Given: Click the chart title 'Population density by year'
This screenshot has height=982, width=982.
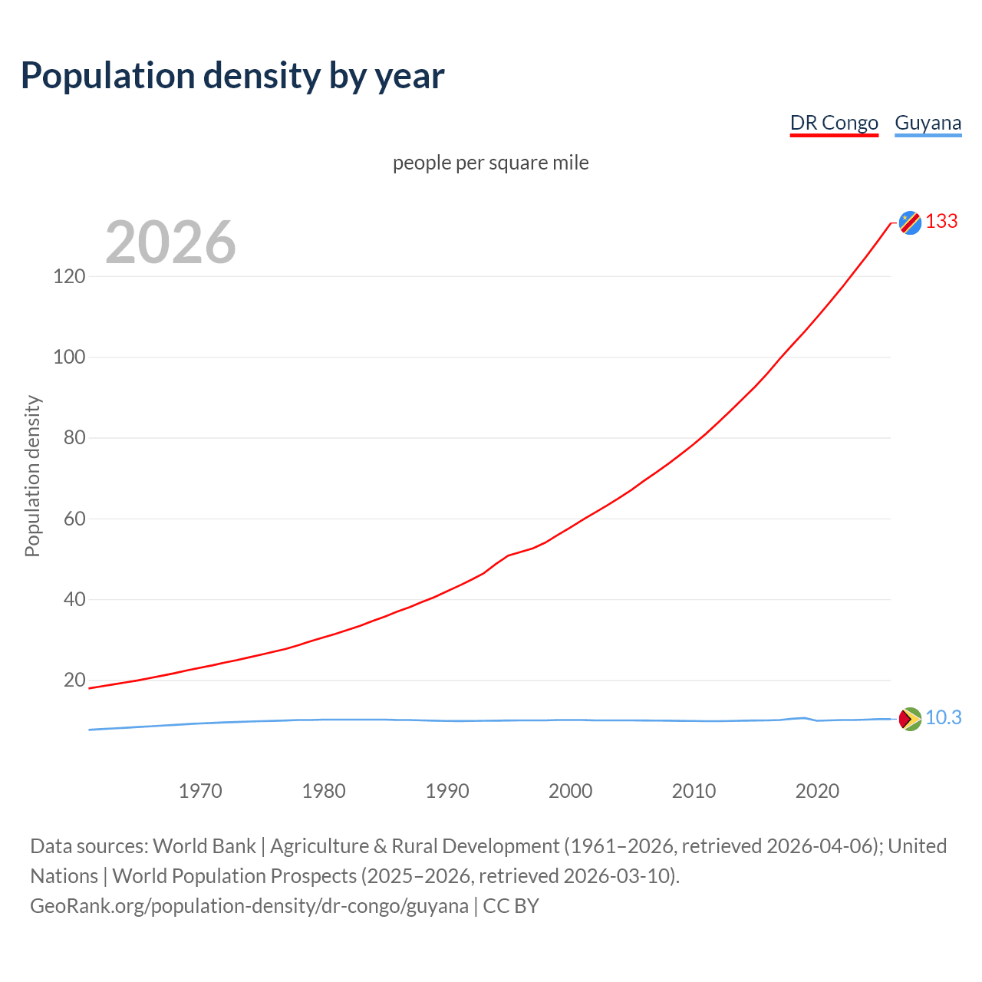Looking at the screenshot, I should [x=232, y=76].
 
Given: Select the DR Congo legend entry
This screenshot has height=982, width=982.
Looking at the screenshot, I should [x=834, y=123].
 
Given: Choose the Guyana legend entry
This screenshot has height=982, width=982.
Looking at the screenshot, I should [x=928, y=123].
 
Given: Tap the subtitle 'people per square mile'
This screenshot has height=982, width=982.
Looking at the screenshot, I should [x=490, y=163].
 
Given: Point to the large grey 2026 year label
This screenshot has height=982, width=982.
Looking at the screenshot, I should [x=170, y=242].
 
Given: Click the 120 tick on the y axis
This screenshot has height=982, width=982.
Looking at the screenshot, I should [x=69, y=276].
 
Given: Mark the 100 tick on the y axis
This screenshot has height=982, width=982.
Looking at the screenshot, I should [x=69, y=357].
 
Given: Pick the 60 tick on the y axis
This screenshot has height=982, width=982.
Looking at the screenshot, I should [x=74, y=519].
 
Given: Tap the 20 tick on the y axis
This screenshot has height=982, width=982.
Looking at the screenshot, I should [x=74, y=680].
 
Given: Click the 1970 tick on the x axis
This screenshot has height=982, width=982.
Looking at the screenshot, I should [x=200, y=791].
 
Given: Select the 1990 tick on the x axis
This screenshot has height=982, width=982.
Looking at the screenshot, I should [x=447, y=791].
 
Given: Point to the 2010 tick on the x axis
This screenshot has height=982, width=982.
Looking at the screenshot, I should [x=694, y=791].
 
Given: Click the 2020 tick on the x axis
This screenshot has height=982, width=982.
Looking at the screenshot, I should [x=817, y=791].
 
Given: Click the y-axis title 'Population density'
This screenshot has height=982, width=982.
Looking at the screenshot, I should [x=32, y=476].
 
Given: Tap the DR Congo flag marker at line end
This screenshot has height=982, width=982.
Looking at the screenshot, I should [x=910, y=222].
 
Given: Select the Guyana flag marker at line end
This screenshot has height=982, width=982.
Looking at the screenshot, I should [x=910, y=719].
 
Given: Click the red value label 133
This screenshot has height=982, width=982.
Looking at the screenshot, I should [x=941, y=222].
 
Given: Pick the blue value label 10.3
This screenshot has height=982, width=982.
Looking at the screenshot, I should [x=943, y=718].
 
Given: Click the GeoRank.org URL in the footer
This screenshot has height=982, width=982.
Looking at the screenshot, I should [x=249, y=906].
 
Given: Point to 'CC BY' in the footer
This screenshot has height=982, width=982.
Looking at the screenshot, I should [x=511, y=906].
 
